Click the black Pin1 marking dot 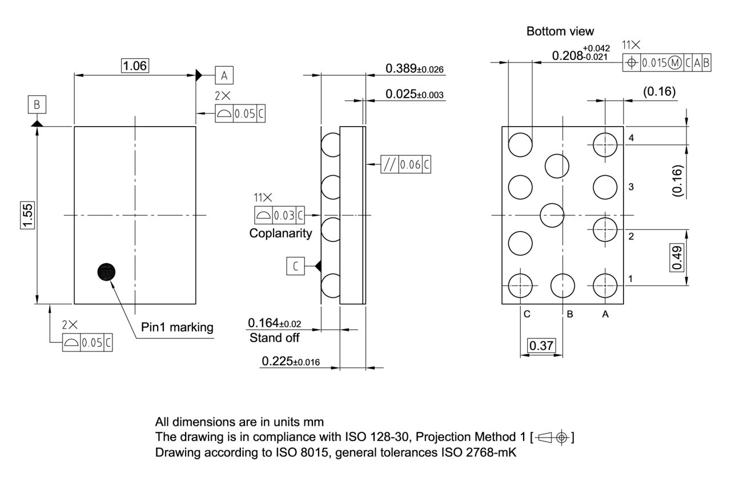tap(106, 272)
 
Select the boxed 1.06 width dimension tap(135, 66)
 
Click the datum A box tap(224, 75)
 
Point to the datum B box tap(37, 105)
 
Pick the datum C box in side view tap(295, 266)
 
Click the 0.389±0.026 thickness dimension tap(415, 69)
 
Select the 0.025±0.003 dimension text tap(415, 94)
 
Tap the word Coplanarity tap(281, 233)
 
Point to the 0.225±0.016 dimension tap(291, 362)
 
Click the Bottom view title tap(560, 31)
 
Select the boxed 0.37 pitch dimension tap(541, 346)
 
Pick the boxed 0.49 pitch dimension tap(677, 258)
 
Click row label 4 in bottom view tap(631, 138)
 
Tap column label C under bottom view tap(527, 314)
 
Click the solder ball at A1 tap(605, 285)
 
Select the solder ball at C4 tap(520, 145)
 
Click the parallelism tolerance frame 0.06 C tap(406, 165)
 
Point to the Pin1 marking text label tap(177, 328)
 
